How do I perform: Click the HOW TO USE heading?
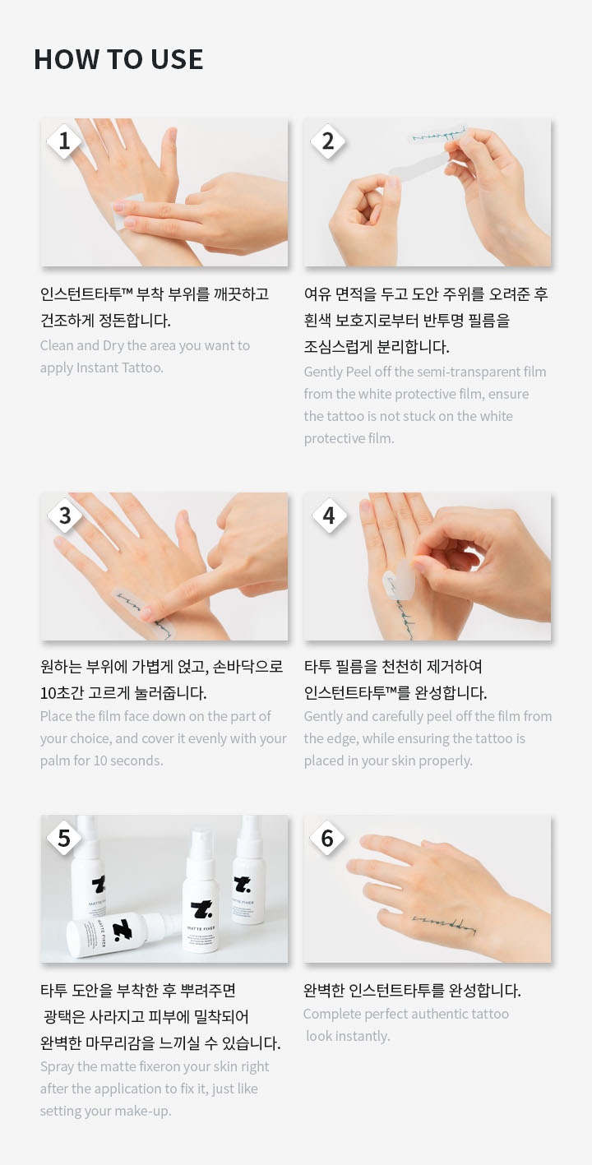[118, 59]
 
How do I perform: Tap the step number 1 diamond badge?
[64, 141]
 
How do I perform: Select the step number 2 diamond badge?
[328, 141]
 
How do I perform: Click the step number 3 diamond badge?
[64, 515]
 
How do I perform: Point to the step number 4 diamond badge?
[329, 515]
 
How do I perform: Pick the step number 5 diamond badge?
[64, 838]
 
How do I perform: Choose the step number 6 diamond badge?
[327, 838]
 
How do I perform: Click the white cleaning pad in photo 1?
[128, 212]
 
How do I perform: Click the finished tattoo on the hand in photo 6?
[444, 923]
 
